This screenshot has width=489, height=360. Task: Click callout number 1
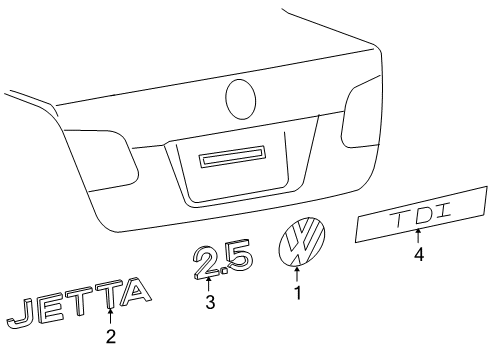coord(298,293)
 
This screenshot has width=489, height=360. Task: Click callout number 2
coord(111,336)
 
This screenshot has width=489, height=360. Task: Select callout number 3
coord(210,302)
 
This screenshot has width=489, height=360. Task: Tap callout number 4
coord(419,255)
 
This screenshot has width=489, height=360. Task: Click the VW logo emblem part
coord(301,242)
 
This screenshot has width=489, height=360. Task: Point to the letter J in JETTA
coord(21,313)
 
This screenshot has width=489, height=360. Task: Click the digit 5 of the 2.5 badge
coord(239,255)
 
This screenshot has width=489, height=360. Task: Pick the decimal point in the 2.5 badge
coord(224,271)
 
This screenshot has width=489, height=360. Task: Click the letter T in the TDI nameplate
coord(399,219)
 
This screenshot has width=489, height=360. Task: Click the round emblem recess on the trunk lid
coord(241,99)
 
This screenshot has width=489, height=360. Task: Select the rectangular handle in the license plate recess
coord(232,156)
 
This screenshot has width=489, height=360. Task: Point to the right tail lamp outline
coord(361,112)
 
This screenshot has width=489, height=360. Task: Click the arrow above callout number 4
coord(418,236)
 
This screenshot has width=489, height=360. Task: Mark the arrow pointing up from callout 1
coord(297,274)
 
